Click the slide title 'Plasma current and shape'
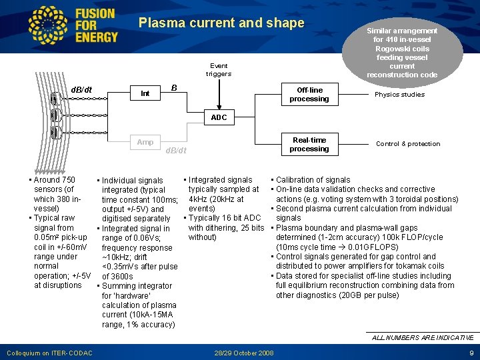point(221,23)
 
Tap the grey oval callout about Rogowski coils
point(401,52)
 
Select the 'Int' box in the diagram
point(145,93)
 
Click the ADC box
point(219,117)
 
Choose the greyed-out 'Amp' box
point(145,142)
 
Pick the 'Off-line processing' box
point(309,94)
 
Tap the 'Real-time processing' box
point(309,144)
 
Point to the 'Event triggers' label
point(219,69)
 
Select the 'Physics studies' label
point(399,94)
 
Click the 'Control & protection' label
point(408,143)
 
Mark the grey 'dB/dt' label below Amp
point(175,151)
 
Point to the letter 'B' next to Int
point(173,88)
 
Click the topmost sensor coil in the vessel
point(54,99)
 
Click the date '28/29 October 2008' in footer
point(244,352)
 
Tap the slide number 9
point(471,352)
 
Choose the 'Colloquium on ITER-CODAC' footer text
point(49,352)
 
